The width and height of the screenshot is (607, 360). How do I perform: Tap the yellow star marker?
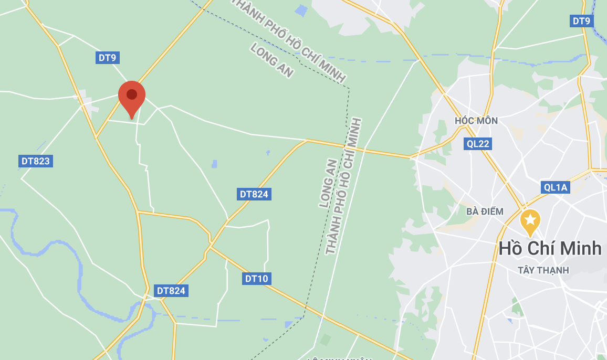[x=530, y=220]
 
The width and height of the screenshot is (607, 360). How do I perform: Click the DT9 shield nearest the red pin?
[x=107, y=57]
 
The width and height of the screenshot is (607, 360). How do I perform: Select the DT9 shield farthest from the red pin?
[x=582, y=21]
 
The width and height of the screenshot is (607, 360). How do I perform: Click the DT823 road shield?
[x=36, y=161]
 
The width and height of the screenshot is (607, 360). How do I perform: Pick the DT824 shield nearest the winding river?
[x=171, y=290]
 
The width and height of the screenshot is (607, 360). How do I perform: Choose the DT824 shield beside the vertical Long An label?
[x=254, y=194]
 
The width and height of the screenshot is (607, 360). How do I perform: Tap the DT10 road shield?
[x=256, y=279]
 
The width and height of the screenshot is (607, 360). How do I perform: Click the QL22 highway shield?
[x=478, y=144]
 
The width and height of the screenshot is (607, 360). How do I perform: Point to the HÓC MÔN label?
[x=476, y=121]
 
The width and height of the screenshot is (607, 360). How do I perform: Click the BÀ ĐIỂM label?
[x=485, y=211]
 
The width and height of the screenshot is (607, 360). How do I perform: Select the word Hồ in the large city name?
[x=510, y=248]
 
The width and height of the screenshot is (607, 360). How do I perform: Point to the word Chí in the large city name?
[x=541, y=248]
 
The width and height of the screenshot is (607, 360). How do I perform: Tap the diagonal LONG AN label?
[x=271, y=60]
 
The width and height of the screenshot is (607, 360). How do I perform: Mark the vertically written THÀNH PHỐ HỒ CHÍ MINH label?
[x=344, y=186]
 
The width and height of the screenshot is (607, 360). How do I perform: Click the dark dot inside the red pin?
[x=131, y=94]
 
